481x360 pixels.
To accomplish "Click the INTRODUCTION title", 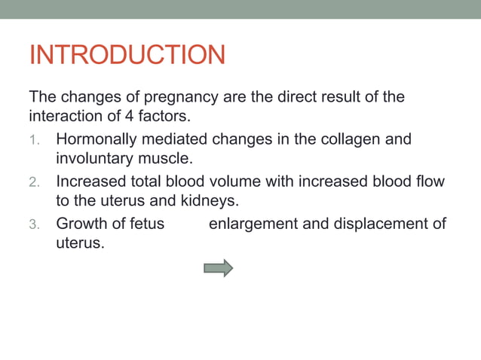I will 127,55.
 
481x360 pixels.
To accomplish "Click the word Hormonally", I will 95,139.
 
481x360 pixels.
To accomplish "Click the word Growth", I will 81,224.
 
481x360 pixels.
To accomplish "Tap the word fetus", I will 146,224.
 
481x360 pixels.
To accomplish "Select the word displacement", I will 379,224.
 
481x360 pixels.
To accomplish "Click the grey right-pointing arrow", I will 218,267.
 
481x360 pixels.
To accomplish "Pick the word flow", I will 430,182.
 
